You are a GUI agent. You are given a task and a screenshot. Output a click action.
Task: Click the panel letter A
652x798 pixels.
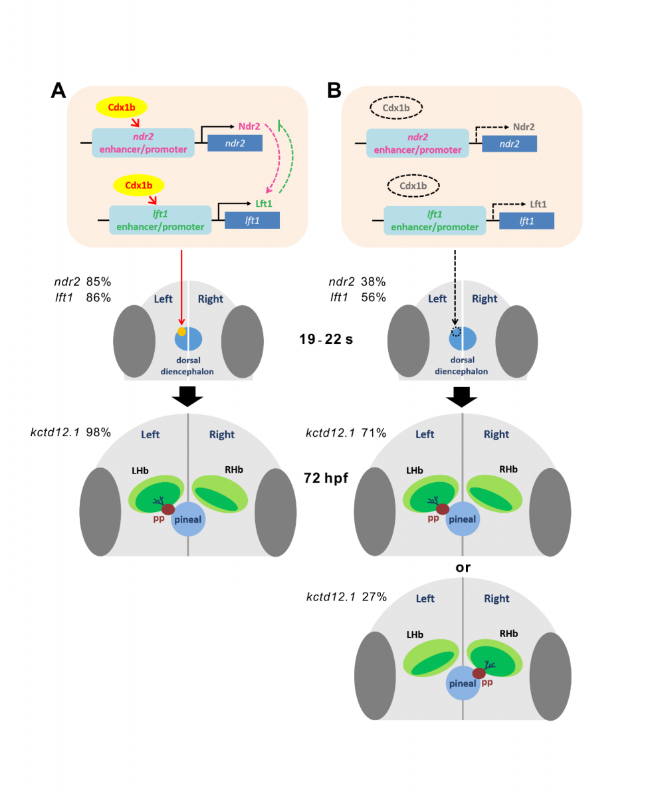(x=58, y=90)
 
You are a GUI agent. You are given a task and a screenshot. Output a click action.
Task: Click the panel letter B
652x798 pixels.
(x=334, y=90)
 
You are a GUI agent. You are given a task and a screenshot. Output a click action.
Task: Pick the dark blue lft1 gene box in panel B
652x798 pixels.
(x=526, y=221)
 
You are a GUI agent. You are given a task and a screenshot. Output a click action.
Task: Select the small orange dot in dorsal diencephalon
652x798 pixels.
(x=181, y=331)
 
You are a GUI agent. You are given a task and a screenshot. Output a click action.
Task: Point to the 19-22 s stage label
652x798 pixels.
(x=326, y=338)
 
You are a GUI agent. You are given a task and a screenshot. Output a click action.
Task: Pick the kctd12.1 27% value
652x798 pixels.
(x=374, y=597)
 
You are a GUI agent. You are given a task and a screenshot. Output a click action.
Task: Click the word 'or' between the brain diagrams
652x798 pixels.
(x=463, y=567)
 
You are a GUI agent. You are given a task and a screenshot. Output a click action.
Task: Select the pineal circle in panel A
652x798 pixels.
(x=188, y=519)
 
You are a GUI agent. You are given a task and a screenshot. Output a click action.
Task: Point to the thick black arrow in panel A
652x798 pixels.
(x=187, y=396)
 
